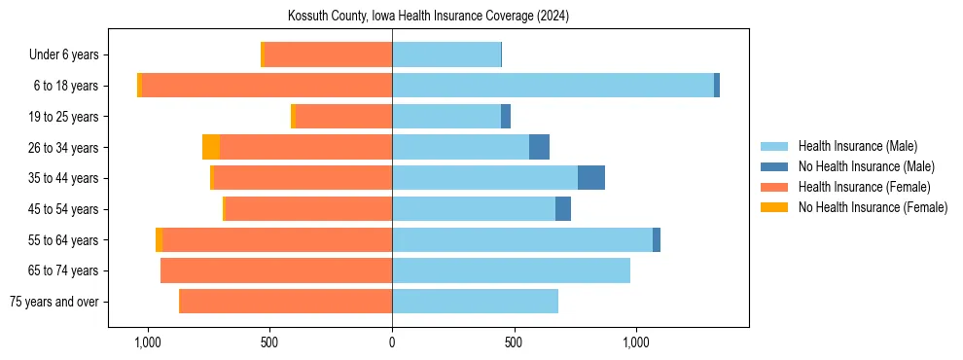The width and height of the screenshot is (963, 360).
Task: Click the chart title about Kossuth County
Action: click(428, 17)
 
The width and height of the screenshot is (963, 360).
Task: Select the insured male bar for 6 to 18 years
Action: click(553, 86)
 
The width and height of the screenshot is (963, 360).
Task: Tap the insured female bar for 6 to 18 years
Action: click(267, 86)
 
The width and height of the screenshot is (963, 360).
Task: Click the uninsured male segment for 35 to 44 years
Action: click(591, 178)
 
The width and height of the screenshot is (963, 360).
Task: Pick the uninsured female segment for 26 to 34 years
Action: click(211, 147)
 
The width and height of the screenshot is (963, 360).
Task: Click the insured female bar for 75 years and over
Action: click(285, 302)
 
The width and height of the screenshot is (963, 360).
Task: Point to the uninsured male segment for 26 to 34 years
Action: click(539, 147)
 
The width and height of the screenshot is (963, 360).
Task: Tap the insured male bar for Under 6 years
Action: click(446, 54)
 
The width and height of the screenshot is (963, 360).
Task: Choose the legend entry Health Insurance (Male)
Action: click(857, 146)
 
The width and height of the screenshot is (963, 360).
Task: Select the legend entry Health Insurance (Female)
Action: click(864, 187)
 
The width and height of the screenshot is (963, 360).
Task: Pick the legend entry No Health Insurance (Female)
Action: click(873, 207)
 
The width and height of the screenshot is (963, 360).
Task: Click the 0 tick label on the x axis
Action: click(392, 342)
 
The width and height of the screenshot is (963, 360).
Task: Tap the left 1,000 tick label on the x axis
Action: click(148, 342)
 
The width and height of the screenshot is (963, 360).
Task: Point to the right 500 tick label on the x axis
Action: click(515, 342)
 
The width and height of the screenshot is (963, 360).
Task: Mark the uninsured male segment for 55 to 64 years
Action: click(657, 239)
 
